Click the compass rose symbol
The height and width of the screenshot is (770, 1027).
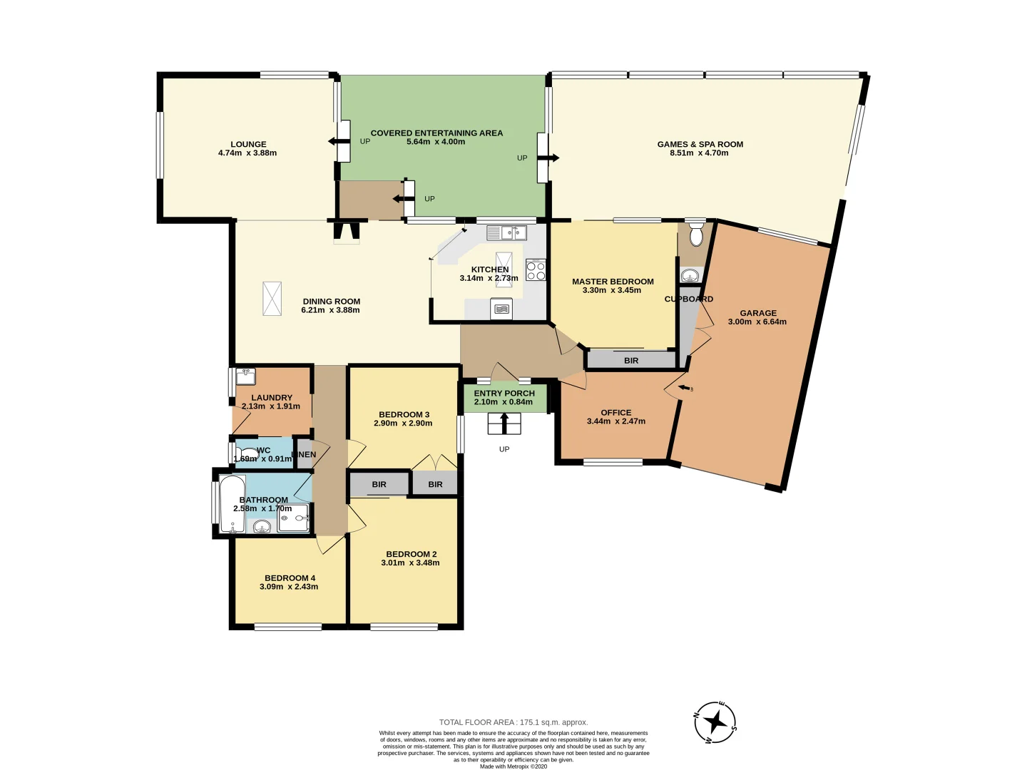pyautogui.click(x=715, y=722)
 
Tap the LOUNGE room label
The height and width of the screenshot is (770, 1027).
pyautogui.click(x=248, y=144)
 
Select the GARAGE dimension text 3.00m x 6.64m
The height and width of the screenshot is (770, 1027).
pyautogui.click(x=757, y=322)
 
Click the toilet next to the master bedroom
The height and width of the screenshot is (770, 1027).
pyautogui.click(x=697, y=235)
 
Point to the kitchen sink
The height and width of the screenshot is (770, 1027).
pyautogui.click(x=507, y=232)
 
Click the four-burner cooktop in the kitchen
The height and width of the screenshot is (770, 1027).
pyautogui.click(x=536, y=271)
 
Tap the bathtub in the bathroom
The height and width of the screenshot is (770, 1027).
pyautogui.click(x=232, y=505)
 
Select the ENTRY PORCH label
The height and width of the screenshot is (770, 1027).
pyautogui.click(x=504, y=393)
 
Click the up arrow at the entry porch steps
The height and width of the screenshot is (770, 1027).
pyautogui.click(x=504, y=423)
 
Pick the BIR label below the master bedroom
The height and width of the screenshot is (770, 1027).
pyautogui.click(x=631, y=361)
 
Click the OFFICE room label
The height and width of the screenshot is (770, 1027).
pyautogui.click(x=616, y=412)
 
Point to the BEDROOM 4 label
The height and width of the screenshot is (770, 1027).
pyautogui.click(x=290, y=578)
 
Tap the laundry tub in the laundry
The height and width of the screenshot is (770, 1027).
pyautogui.click(x=245, y=376)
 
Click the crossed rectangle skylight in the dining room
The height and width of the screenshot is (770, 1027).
pyautogui.click(x=272, y=298)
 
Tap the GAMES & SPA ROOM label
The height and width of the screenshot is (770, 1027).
pyautogui.click(x=700, y=144)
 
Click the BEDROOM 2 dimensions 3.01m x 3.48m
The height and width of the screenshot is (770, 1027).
pyautogui.click(x=410, y=563)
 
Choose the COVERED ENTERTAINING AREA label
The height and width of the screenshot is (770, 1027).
pyautogui.click(x=436, y=133)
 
